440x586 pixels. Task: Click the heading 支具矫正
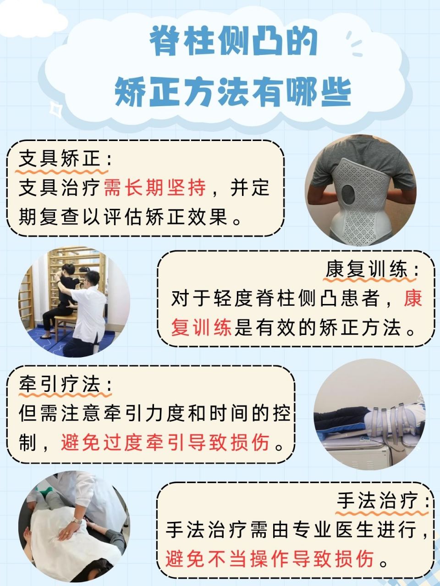[x=60, y=159]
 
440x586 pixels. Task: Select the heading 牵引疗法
[x=60, y=384]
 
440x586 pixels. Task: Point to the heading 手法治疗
[x=378, y=501]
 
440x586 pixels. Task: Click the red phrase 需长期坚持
[x=155, y=188]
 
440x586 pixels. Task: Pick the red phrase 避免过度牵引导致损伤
[x=165, y=443]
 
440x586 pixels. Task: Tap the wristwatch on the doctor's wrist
[x=77, y=521]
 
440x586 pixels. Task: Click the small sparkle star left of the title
[x=55, y=108]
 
